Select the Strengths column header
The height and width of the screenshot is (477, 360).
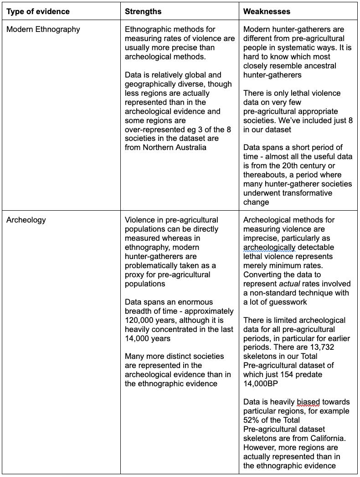click(x=143, y=11)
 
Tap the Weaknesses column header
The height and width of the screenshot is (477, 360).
click(x=267, y=11)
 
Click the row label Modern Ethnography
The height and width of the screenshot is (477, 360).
click(x=43, y=29)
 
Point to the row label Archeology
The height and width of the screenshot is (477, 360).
click(x=26, y=220)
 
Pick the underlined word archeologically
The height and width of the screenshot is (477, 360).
click(x=269, y=247)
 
